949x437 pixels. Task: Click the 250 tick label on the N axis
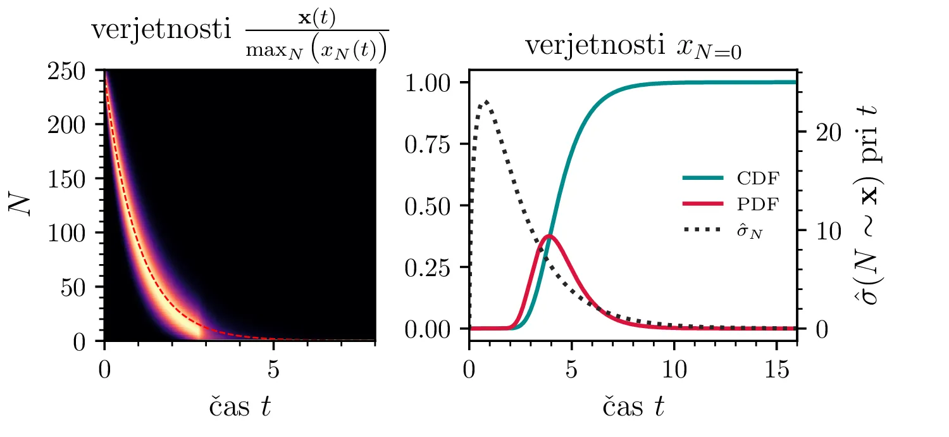71,71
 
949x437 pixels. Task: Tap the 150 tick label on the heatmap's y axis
71,180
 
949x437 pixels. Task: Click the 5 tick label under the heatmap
273,370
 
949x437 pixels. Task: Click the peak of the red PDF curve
549,236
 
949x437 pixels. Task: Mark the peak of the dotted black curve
485,101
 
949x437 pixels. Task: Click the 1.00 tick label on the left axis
432,83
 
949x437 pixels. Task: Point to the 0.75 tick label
432,144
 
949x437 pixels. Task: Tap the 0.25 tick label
432,267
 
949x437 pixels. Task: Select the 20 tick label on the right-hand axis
821,132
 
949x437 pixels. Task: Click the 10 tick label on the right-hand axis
821,231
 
